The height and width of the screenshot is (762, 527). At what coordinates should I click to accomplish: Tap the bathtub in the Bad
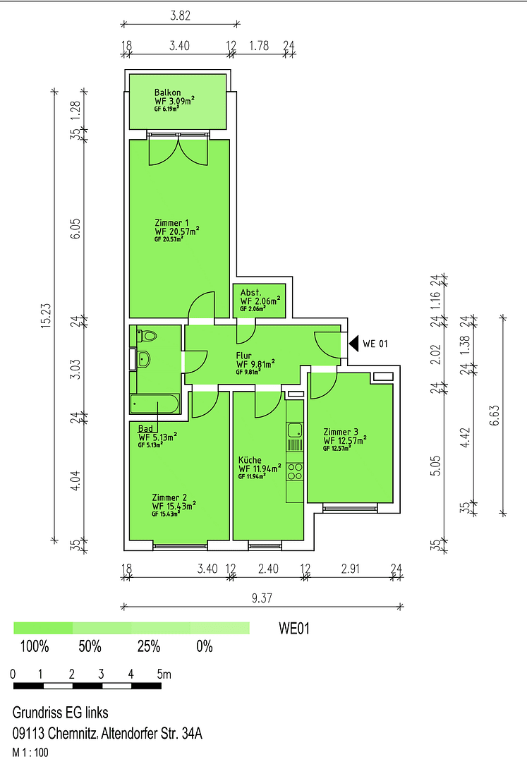[155, 404]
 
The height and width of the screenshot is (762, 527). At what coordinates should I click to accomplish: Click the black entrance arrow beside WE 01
[353, 344]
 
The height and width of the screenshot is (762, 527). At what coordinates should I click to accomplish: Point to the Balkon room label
[168, 92]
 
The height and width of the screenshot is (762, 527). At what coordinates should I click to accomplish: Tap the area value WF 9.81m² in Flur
[255, 364]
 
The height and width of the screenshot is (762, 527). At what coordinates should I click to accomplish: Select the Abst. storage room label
[250, 292]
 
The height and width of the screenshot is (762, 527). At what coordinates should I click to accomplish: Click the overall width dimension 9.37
[262, 599]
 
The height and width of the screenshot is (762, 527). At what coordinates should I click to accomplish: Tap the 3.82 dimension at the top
[180, 15]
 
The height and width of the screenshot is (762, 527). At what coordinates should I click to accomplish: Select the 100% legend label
[34, 646]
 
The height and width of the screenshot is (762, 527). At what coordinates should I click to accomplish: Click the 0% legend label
[205, 646]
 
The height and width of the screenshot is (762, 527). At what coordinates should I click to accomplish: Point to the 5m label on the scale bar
[164, 675]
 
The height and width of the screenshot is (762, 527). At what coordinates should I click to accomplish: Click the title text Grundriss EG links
[61, 713]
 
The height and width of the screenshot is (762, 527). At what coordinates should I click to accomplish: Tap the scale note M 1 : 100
[30, 753]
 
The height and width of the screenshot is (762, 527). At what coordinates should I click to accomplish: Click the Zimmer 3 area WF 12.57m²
[345, 441]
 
